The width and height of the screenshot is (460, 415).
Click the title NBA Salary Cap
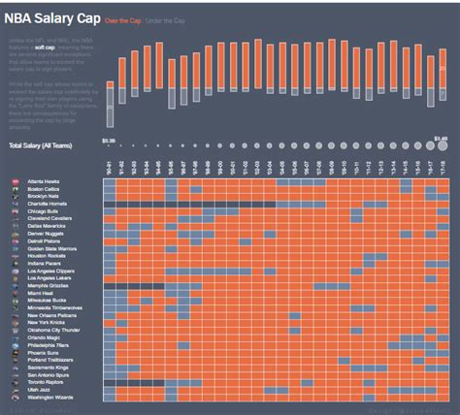63,18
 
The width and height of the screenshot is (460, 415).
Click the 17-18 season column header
443,167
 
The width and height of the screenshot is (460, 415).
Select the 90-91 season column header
110,167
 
